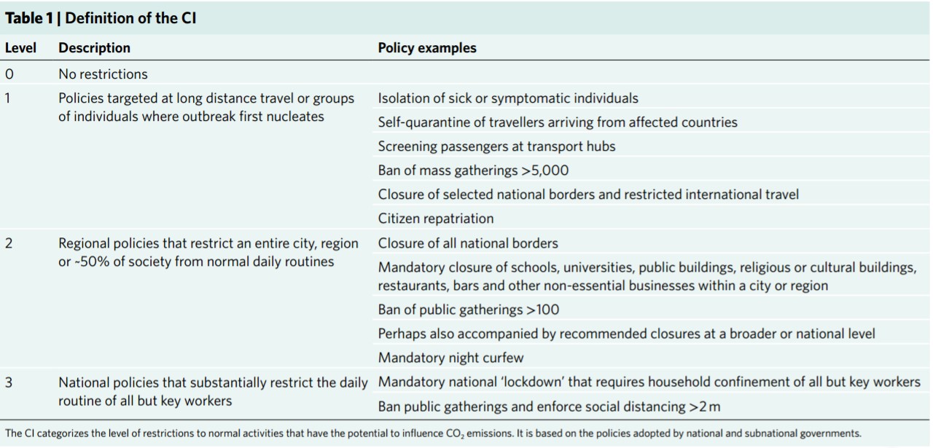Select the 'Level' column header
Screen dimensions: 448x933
coord(20,48)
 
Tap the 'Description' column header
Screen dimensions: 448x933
coord(94,48)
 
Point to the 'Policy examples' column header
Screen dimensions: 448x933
coord(427,48)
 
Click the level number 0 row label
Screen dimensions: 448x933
coord(9,74)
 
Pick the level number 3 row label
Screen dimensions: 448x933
coord(9,382)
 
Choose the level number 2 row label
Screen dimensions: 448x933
coord(9,243)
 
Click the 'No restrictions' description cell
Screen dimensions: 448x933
coord(103,74)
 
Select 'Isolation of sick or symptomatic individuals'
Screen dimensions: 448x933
coord(508,98)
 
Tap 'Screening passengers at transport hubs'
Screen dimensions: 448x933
coord(496,146)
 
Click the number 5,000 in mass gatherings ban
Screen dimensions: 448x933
coord(552,170)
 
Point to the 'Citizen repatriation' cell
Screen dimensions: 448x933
coord(435,218)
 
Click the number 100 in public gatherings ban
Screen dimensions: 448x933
coord(547,310)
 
